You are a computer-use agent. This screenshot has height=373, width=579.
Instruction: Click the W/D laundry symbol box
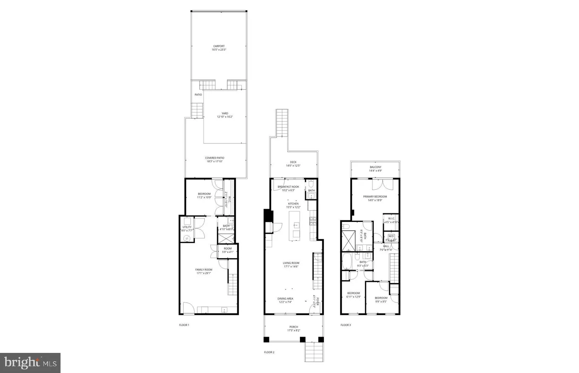[391, 236]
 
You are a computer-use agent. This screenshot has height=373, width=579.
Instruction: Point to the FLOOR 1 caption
[184, 325]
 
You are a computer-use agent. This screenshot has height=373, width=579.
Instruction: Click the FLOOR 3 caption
[345, 325]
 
